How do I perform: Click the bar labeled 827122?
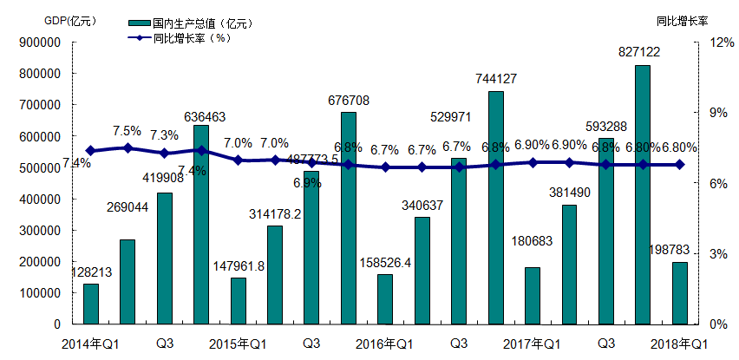(x=643, y=194)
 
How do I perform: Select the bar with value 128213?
(x=91, y=304)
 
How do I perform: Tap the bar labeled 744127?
(x=496, y=207)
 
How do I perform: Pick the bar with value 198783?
(x=680, y=293)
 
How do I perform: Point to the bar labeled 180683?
(x=533, y=296)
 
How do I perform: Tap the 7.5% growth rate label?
(x=127, y=131)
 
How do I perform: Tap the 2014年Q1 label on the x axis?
(x=91, y=344)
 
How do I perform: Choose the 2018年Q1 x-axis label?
(x=679, y=344)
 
